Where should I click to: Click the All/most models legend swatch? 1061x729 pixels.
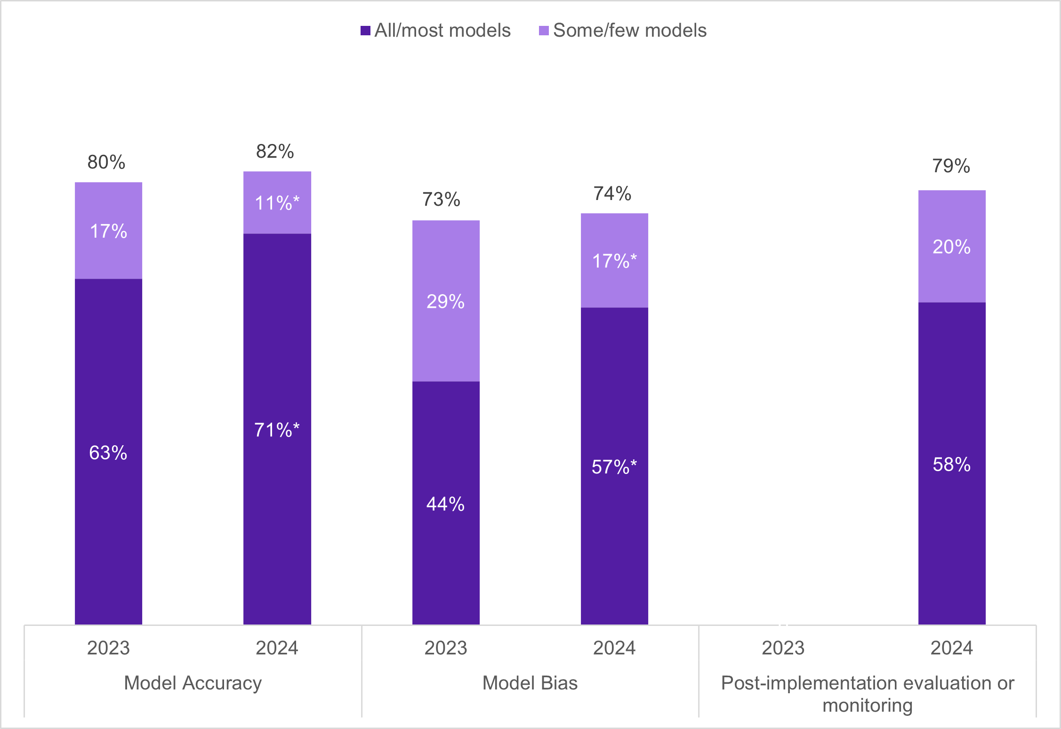click(x=365, y=31)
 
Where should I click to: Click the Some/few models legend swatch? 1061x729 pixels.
click(x=544, y=31)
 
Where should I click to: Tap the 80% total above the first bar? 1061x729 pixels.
click(x=106, y=162)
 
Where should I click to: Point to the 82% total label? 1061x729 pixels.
click(x=275, y=152)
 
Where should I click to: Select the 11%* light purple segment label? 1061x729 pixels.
click(x=277, y=203)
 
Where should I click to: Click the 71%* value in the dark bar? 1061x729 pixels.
click(x=277, y=430)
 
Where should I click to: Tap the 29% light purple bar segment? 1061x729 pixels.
click(x=446, y=301)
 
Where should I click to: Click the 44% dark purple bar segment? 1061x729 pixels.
click(x=446, y=504)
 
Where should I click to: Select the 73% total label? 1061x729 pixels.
click(x=441, y=200)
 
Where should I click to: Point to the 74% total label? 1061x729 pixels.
click(x=612, y=193)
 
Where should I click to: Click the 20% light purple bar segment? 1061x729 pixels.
click(x=951, y=247)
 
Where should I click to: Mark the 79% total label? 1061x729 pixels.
click(x=951, y=166)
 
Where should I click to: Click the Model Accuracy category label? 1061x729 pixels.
click(x=193, y=683)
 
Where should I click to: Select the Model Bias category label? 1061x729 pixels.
click(x=530, y=683)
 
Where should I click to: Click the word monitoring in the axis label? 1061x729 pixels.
click(x=867, y=705)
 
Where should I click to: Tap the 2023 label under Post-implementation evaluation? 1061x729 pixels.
click(x=783, y=648)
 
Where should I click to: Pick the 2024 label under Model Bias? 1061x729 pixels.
click(x=614, y=648)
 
